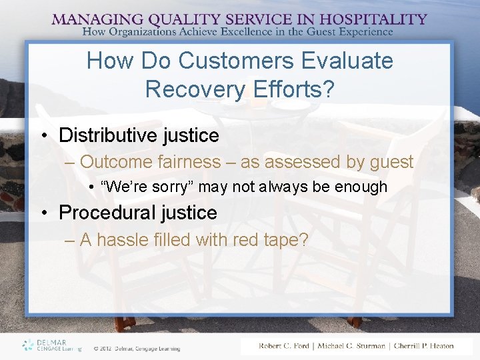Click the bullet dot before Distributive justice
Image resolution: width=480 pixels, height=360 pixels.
click(x=43, y=136)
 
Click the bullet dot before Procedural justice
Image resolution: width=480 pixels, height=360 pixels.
click(x=43, y=213)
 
